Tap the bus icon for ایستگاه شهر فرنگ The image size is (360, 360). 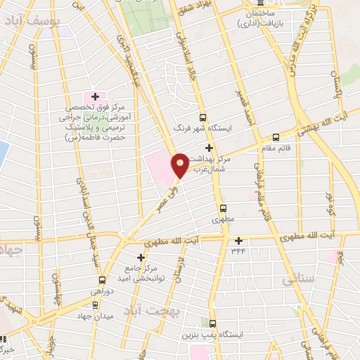pyautogui.click(x=203, y=118)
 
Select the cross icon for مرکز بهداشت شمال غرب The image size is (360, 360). pyautogui.click(x=209, y=148)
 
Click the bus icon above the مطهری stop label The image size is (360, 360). pyautogui.click(x=223, y=208)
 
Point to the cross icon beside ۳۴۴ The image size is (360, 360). pyautogui.click(x=238, y=240)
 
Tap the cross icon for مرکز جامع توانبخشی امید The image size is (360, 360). pyautogui.click(x=141, y=257)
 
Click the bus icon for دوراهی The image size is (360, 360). pyautogui.click(x=102, y=280)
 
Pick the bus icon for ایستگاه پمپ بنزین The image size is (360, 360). pyautogui.click(x=213, y=324)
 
